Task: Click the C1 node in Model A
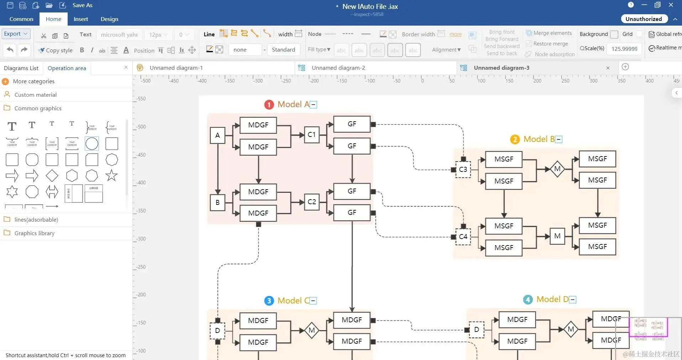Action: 311,135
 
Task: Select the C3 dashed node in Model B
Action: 463,169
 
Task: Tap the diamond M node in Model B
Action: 557,169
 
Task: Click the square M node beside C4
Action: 557,236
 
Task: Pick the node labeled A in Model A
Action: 217,135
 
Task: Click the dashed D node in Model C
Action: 217,330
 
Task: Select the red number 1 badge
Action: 269,105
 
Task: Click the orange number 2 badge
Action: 515,139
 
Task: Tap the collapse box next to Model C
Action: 313,301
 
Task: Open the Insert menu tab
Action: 81,19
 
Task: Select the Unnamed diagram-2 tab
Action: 338,68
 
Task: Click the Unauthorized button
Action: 644,19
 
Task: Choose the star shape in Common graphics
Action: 111,175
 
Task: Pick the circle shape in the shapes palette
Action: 92,144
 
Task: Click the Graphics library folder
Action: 34,233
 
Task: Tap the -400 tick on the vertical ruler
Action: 141,183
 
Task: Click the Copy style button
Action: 56,50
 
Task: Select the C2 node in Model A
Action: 311,202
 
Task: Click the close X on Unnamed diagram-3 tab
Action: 608,68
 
